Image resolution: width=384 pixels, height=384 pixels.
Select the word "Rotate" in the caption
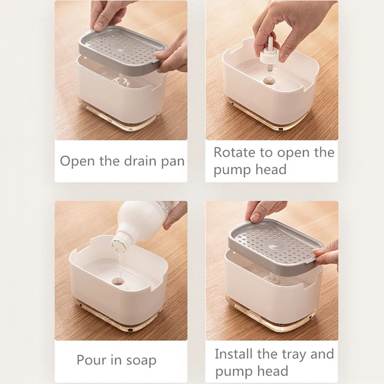234,153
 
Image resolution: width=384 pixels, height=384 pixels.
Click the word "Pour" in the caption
91,360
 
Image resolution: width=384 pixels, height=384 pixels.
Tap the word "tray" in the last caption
292,355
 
